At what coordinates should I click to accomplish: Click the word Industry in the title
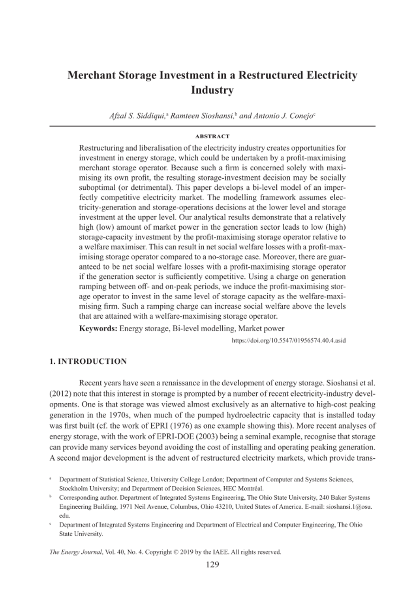(x=212, y=90)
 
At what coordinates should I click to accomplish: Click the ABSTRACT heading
(x=212, y=136)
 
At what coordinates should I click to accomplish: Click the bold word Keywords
(x=98, y=329)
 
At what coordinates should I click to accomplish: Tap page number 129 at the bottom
(x=212, y=565)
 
